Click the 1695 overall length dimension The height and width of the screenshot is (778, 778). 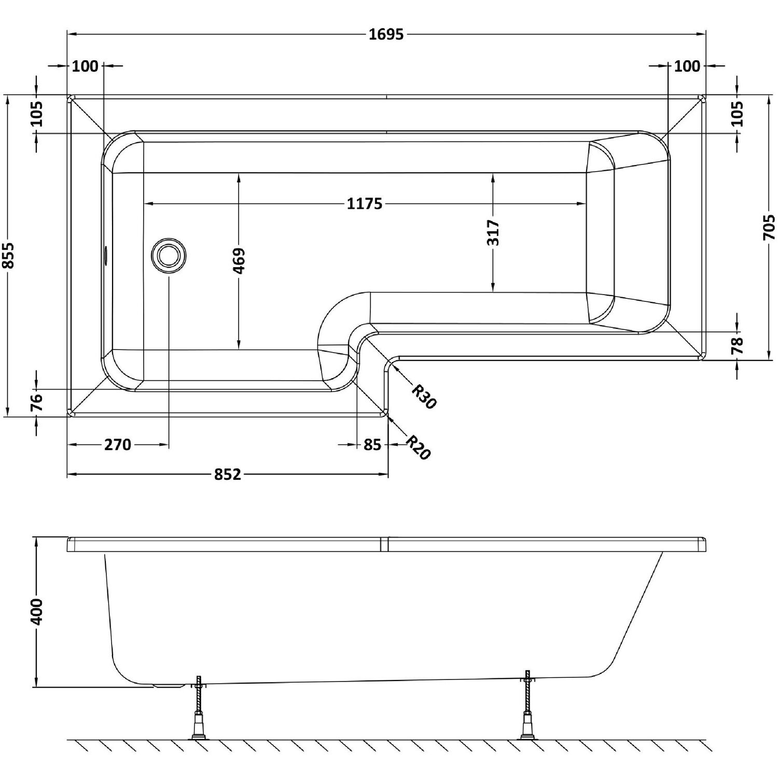click(x=386, y=35)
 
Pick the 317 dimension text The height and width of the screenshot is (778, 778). click(x=493, y=233)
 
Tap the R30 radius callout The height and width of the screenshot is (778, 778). click(x=423, y=396)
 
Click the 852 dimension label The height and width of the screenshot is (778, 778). click(x=227, y=474)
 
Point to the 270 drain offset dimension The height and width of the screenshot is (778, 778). click(x=118, y=444)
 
